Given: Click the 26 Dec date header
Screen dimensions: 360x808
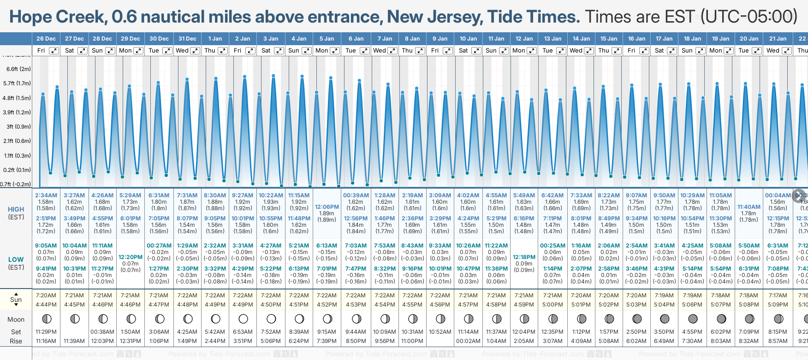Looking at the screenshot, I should point(46,39).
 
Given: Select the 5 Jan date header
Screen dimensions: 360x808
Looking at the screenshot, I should point(327,39).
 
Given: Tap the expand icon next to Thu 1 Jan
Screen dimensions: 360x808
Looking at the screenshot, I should point(223,51).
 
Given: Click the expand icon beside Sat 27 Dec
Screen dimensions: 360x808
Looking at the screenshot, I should point(82,51).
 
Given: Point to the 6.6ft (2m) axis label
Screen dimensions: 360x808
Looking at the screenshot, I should point(18,69).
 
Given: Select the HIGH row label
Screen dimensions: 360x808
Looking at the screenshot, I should point(16,209).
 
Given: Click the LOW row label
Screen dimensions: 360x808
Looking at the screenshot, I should point(16,260).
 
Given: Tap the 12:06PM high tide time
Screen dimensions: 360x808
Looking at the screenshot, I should point(327,207).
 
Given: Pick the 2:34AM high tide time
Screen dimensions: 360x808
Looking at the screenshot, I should point(46,195).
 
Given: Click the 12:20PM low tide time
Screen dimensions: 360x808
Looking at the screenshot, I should point(131,257).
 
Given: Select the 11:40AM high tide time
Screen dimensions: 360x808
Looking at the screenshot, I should point(749,207).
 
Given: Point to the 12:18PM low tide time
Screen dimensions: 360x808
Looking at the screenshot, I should point(524,257).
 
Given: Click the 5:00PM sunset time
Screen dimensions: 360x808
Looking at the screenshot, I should point(553,305).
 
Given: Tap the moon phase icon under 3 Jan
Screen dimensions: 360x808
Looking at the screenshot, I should point(271,319).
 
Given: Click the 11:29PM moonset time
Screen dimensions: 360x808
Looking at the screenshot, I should point(46,332).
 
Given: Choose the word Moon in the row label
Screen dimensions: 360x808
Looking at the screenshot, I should point(16,319).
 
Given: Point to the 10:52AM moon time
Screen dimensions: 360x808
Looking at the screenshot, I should point(440,332).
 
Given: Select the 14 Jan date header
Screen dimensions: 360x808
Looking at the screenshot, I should point(582,39).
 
